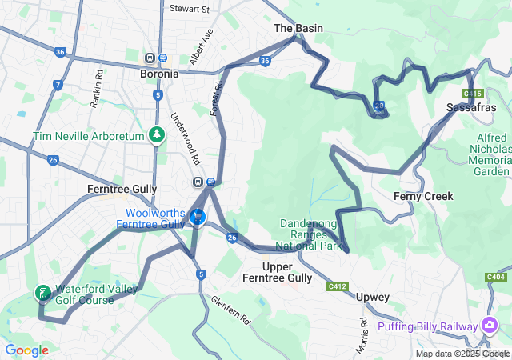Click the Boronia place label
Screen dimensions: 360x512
pos(158,74)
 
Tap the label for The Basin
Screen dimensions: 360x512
pos(298,28)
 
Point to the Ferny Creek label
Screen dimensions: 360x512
pos(423,196)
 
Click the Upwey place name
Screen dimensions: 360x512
pos(372,297)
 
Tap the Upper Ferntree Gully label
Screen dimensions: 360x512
pos(277,272)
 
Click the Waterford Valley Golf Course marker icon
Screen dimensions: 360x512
pos(42,293)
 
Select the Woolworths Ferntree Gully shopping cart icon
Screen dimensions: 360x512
pos(197,216)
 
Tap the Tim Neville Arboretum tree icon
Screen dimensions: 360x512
pos(158,136)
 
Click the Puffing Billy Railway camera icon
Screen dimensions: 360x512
pos(488,326)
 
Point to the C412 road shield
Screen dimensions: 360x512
pos(337,286)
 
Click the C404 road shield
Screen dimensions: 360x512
pos(496,277)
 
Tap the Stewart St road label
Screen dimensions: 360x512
pos(189,10)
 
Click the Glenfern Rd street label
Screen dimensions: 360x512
pos(232,310)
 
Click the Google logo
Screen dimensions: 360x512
pos(26,350)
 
